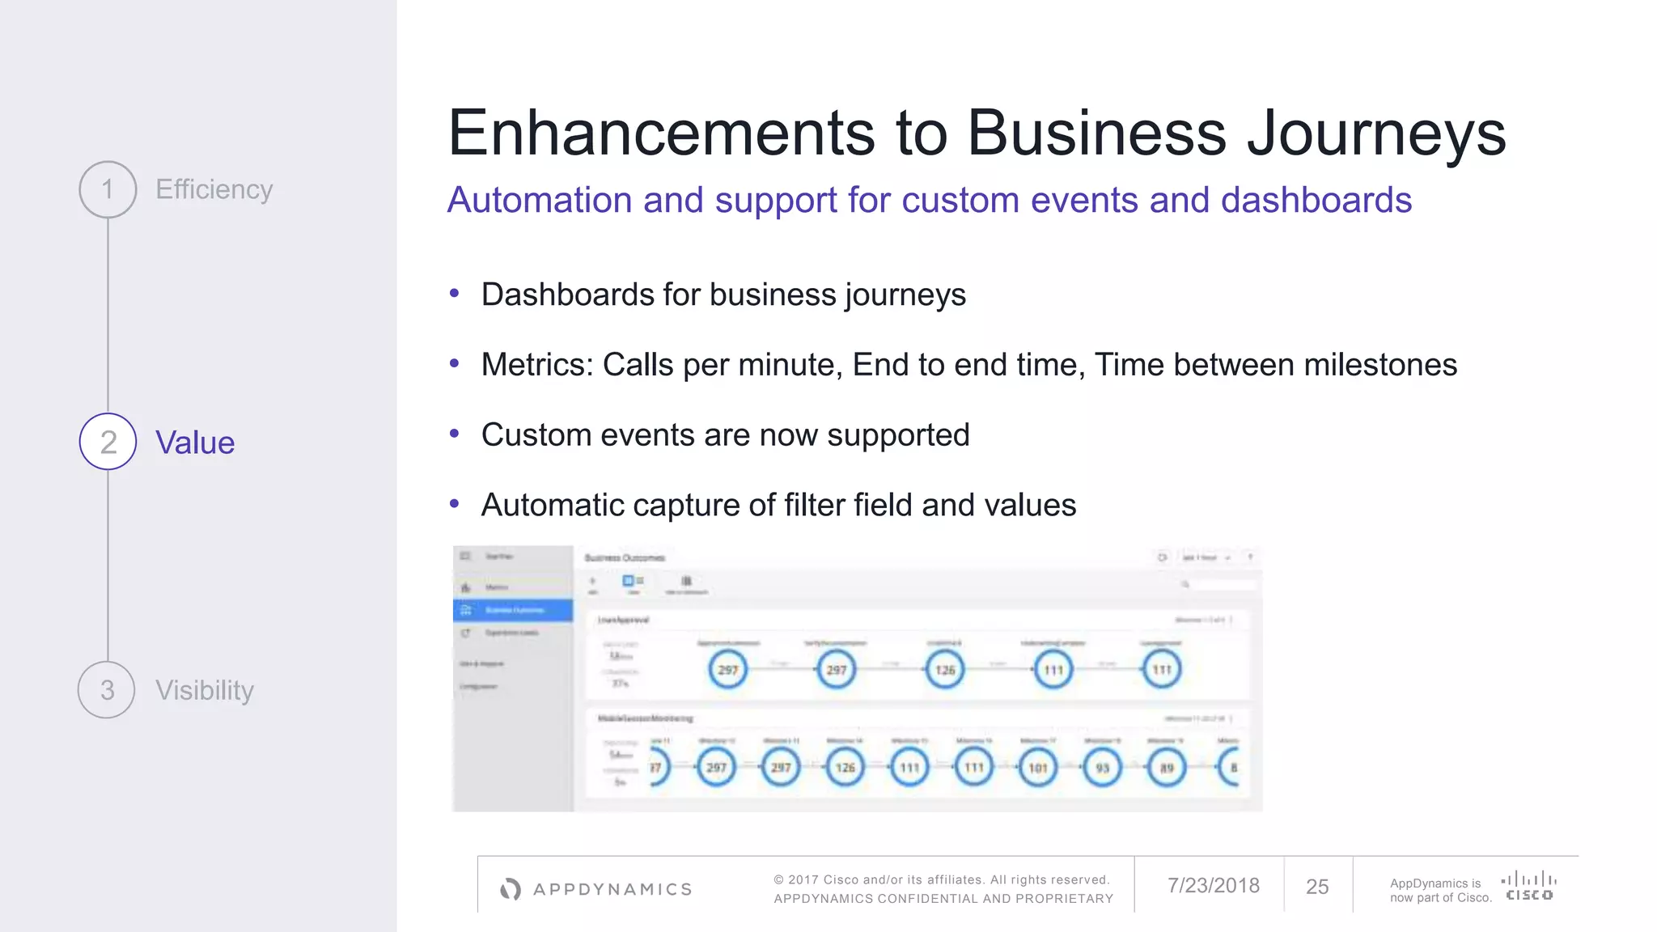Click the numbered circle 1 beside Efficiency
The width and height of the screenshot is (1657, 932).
point(108,189)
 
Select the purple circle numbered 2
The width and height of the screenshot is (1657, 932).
point(108,442)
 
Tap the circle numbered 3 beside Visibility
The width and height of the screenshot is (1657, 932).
point(107,690)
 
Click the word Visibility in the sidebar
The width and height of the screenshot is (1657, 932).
point(205,690)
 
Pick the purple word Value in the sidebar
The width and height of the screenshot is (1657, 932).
point(195,443)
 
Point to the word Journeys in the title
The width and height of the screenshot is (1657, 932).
point(1376,133)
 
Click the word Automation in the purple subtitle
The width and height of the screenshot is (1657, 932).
point(540,200)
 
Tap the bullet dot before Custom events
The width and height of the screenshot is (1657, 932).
point(455,434)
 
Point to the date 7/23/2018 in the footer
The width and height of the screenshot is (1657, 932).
point(1213,886)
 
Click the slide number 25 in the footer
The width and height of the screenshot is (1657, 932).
point(1317,887)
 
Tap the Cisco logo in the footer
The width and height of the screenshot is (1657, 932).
point(1528,885)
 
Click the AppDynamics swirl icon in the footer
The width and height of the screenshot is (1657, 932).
point(511,889)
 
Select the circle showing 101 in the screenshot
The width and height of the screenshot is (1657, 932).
point(1038,768)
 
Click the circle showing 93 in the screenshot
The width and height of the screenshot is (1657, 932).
point(1102,768)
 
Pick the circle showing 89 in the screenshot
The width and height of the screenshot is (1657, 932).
point(1167,768)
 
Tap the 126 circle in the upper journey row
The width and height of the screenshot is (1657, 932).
point(945,670)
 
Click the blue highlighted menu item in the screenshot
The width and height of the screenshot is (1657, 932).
point(513,610)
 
